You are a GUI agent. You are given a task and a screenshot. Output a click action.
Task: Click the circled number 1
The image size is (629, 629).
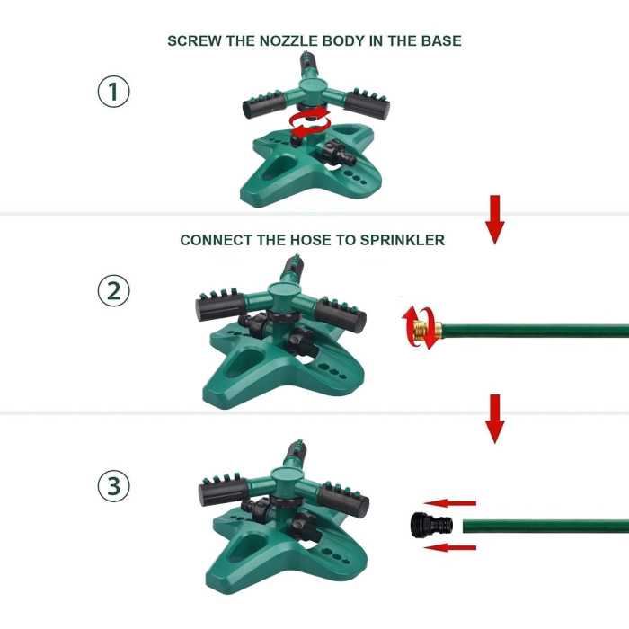(113, 92)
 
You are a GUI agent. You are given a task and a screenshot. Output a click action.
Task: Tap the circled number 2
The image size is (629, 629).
(113, 290)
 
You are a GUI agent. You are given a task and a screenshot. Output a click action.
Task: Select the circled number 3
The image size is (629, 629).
(113, 486)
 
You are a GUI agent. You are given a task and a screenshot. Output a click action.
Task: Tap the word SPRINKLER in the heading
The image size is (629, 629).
(403, 240)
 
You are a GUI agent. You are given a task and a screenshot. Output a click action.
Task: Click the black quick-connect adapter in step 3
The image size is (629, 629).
(431, 524)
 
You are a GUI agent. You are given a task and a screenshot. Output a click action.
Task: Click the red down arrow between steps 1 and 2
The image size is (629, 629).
(495, 220)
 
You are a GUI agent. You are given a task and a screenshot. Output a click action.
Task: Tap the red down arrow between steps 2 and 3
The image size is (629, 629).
(495, 419)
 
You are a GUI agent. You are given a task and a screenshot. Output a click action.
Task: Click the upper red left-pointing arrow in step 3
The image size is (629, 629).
(450, 503)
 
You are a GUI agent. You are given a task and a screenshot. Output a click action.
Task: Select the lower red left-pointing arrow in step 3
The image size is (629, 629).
(450, 547)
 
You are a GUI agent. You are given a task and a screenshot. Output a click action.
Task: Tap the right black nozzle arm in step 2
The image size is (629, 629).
(341, 314)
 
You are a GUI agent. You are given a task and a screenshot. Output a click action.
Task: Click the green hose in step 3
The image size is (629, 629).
(546, 526)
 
